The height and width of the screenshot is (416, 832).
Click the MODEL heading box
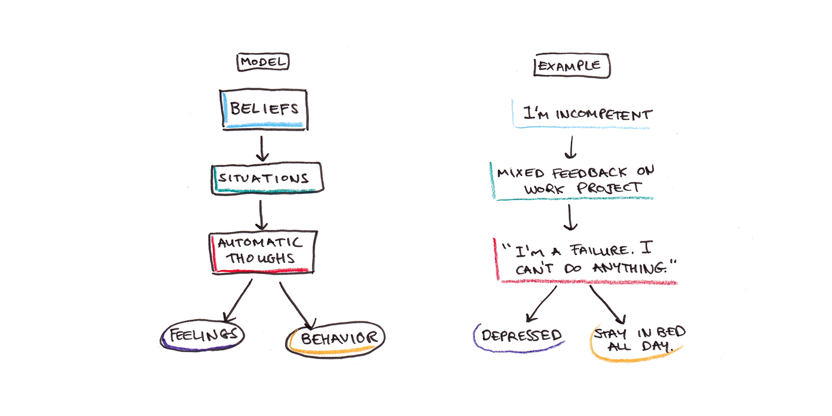[263, 62]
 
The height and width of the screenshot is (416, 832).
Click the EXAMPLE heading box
[571, 66]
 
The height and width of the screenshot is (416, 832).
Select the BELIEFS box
[264, 109]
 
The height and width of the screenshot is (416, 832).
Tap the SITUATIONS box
[266, 178]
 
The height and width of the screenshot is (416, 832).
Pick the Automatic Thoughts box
[263, 251]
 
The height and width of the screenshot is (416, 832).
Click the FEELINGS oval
[203, 335]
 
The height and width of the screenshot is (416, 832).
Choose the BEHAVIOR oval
[336, 339]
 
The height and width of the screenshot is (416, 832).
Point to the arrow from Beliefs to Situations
[262, 149]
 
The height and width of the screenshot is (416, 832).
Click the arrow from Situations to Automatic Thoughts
[261, 215]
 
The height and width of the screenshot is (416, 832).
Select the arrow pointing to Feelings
[238, 301]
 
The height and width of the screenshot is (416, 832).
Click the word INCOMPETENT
[604, 114]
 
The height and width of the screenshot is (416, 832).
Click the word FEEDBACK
[589, 173]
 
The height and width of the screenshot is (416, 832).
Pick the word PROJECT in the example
[609, 188]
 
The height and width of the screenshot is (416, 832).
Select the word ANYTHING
[629, 268]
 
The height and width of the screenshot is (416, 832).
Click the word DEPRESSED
[522, 335]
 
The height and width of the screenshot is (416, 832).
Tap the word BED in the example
[671, 332]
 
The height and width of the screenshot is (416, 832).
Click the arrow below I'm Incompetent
[571, 148]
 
